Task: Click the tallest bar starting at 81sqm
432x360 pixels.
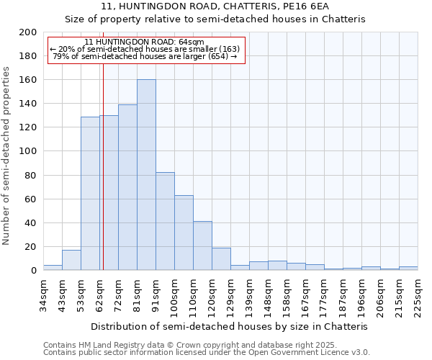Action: click(x=146, y=175)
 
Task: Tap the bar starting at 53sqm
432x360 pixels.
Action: click(x=90, y=193)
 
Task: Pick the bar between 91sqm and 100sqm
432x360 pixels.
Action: click(x=165, y=221)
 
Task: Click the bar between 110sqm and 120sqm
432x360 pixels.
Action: click(x=202, y=246)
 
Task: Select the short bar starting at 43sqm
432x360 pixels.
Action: click(x=71, y=260)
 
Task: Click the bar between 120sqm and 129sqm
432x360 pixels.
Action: click(x=221, y=258)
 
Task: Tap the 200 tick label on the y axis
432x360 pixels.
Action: click(x=28, y=32)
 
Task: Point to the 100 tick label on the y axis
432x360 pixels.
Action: click(x=28, y=151)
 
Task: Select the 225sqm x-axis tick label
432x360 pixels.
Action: click(x=418, y=296)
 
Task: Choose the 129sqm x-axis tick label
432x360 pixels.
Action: click(x=230, y=296)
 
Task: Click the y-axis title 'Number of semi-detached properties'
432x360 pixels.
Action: click(x=7, y=156)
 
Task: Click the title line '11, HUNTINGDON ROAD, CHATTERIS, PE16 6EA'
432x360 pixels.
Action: click(x=215, y=6)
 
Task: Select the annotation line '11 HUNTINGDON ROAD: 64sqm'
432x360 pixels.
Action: click(x=144, y=42)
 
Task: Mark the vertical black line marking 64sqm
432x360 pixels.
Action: click(x=103, y=166)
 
